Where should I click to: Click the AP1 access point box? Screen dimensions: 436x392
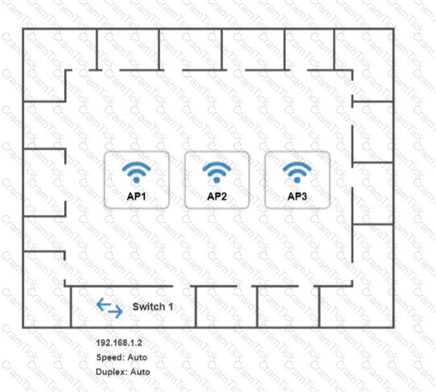point(137,180)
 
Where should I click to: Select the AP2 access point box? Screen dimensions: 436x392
point(217,180)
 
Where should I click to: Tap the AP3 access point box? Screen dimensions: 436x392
point(297,180)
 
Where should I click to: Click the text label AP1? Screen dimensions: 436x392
point(136,196)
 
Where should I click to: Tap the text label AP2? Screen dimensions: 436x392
point(217,196)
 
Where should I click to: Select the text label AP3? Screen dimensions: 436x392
point(297,196)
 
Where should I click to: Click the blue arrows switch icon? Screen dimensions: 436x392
point(110,308)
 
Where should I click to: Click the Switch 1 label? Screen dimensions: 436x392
point(153,307)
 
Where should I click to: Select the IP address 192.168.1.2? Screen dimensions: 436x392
point(119,343)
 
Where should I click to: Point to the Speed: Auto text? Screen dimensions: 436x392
point(122,358)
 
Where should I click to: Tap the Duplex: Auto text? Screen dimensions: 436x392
point(123,372)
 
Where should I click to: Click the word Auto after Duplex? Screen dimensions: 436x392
point(140,372)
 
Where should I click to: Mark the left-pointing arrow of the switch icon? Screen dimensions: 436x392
point(103,304)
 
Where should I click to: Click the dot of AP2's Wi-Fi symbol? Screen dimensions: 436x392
point(217,180)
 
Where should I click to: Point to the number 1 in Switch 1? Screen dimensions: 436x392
point(170,307)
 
